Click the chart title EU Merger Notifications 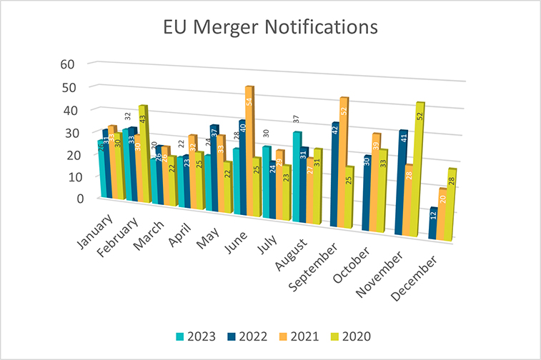click(x=270, y=28)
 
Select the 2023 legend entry click(x=199, y=335)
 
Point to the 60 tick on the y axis click(x=67, y=64)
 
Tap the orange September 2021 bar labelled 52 click(x=343, y=161)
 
